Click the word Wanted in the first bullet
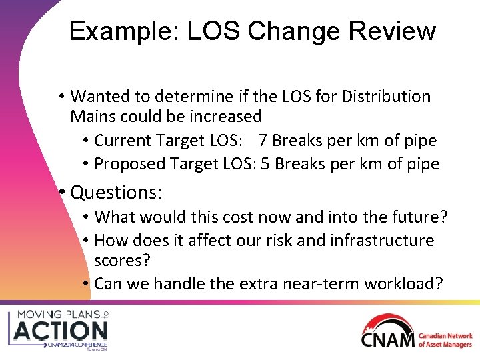coord(100,97)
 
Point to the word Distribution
coord(386,97)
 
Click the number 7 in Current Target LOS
coord(263,141)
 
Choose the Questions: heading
coord(117,193)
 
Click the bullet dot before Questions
coord(61,193)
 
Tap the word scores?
coord(122,261)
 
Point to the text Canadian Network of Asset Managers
coord(445,340)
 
